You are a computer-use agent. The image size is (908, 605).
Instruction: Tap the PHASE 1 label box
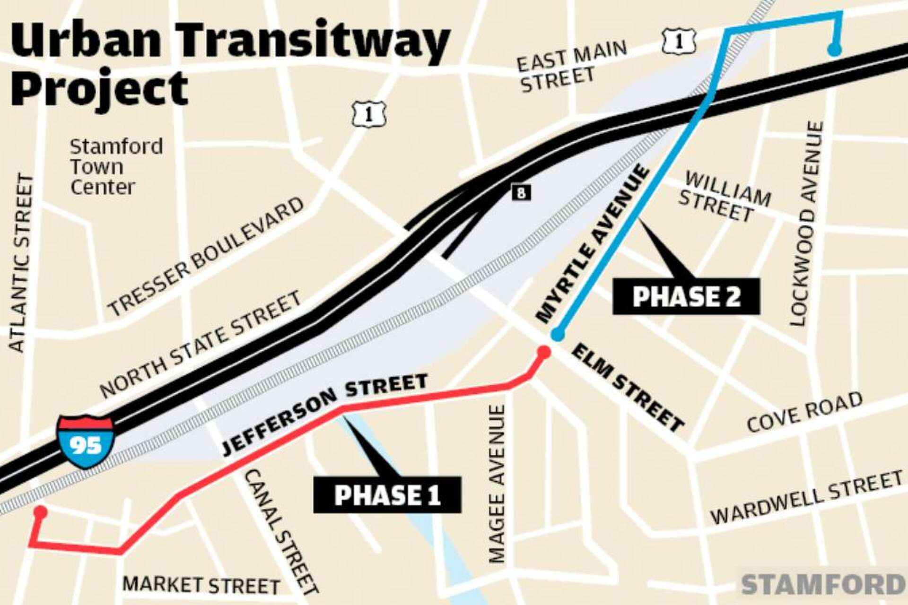pyautogui.click(x=387, y=495)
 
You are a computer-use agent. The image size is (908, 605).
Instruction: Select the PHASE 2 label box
pyautogui.click(x=686, y=296)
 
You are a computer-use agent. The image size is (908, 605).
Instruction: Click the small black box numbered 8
pyautogui.click(x=521, y=192)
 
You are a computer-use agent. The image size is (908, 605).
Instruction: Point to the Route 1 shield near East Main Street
pyautogui.click(x=680, y=41)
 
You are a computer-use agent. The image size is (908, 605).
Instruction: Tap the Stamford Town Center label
pyautogui.click(x=116, y=166)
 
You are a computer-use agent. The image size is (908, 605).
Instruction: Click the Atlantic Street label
pyautogui.click(x=21, y=263)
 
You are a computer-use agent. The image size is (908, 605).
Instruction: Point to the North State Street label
pyautogui.click(x=201, y=344)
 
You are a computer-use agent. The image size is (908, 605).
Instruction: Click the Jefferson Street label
pyautogui.click(x=324, y=414)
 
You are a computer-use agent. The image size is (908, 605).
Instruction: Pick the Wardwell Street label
pyautogui.click(x=806, y=498)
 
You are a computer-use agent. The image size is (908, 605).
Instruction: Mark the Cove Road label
pyautogui.click(x=804, y=412)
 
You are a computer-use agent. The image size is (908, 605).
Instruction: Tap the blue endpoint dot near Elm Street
pyautogui.click(x=558, y=335)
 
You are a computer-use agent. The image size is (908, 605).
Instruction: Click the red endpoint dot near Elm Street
pyautogui.click(x=544, y=352)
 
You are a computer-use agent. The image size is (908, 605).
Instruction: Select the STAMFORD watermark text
pyautogui.click(x=823, y=584)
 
